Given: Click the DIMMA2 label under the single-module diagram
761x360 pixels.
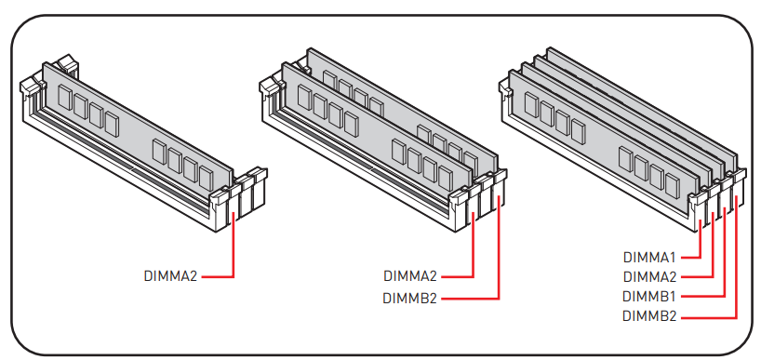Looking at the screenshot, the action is [x=171, y=276].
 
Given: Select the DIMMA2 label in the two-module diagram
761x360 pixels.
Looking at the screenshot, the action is [x=410, y=276].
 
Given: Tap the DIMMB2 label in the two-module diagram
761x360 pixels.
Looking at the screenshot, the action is [x=410, y=298].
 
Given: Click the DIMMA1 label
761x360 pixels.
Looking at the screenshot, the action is [x=649, y=257].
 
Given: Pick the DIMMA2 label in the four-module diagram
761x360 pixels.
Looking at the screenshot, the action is [x=649, y=276].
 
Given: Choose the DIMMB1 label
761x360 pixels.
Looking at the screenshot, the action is [x=648, y=296].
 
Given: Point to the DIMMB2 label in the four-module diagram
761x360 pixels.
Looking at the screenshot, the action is [x=649, y=316].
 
